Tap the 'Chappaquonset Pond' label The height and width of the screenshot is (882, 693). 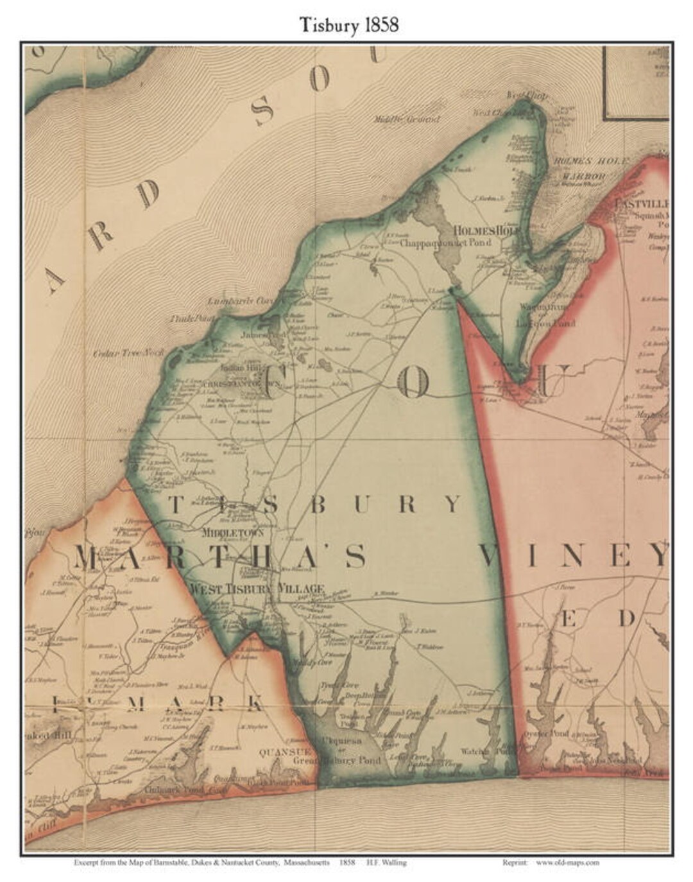445,243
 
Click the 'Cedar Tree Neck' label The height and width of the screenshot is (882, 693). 128,352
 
